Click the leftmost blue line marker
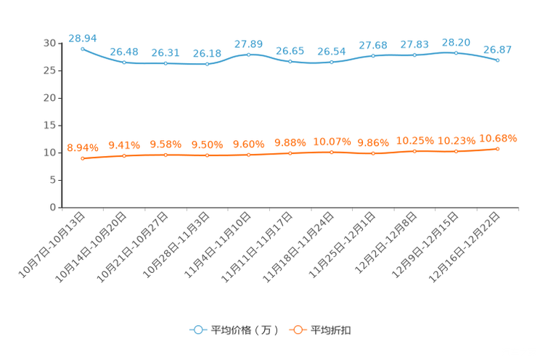click(83, 49)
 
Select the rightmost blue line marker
click(498, 60)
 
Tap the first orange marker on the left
click(83, 157)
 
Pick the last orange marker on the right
click(498, 149)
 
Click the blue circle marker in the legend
click(197, 330)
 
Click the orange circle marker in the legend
click(297, 330)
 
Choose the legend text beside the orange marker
click(331, 330)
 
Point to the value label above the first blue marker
click(82, 37)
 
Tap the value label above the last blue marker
click(498, 49)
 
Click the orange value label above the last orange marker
click(498, 137)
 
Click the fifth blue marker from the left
click(249, 54)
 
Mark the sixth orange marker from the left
click(290, 153)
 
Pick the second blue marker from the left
click(125, 62)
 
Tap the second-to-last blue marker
click(457, 53)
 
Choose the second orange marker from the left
click(125, 155)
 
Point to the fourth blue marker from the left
click(208, 64)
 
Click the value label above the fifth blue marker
click(249, 44)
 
